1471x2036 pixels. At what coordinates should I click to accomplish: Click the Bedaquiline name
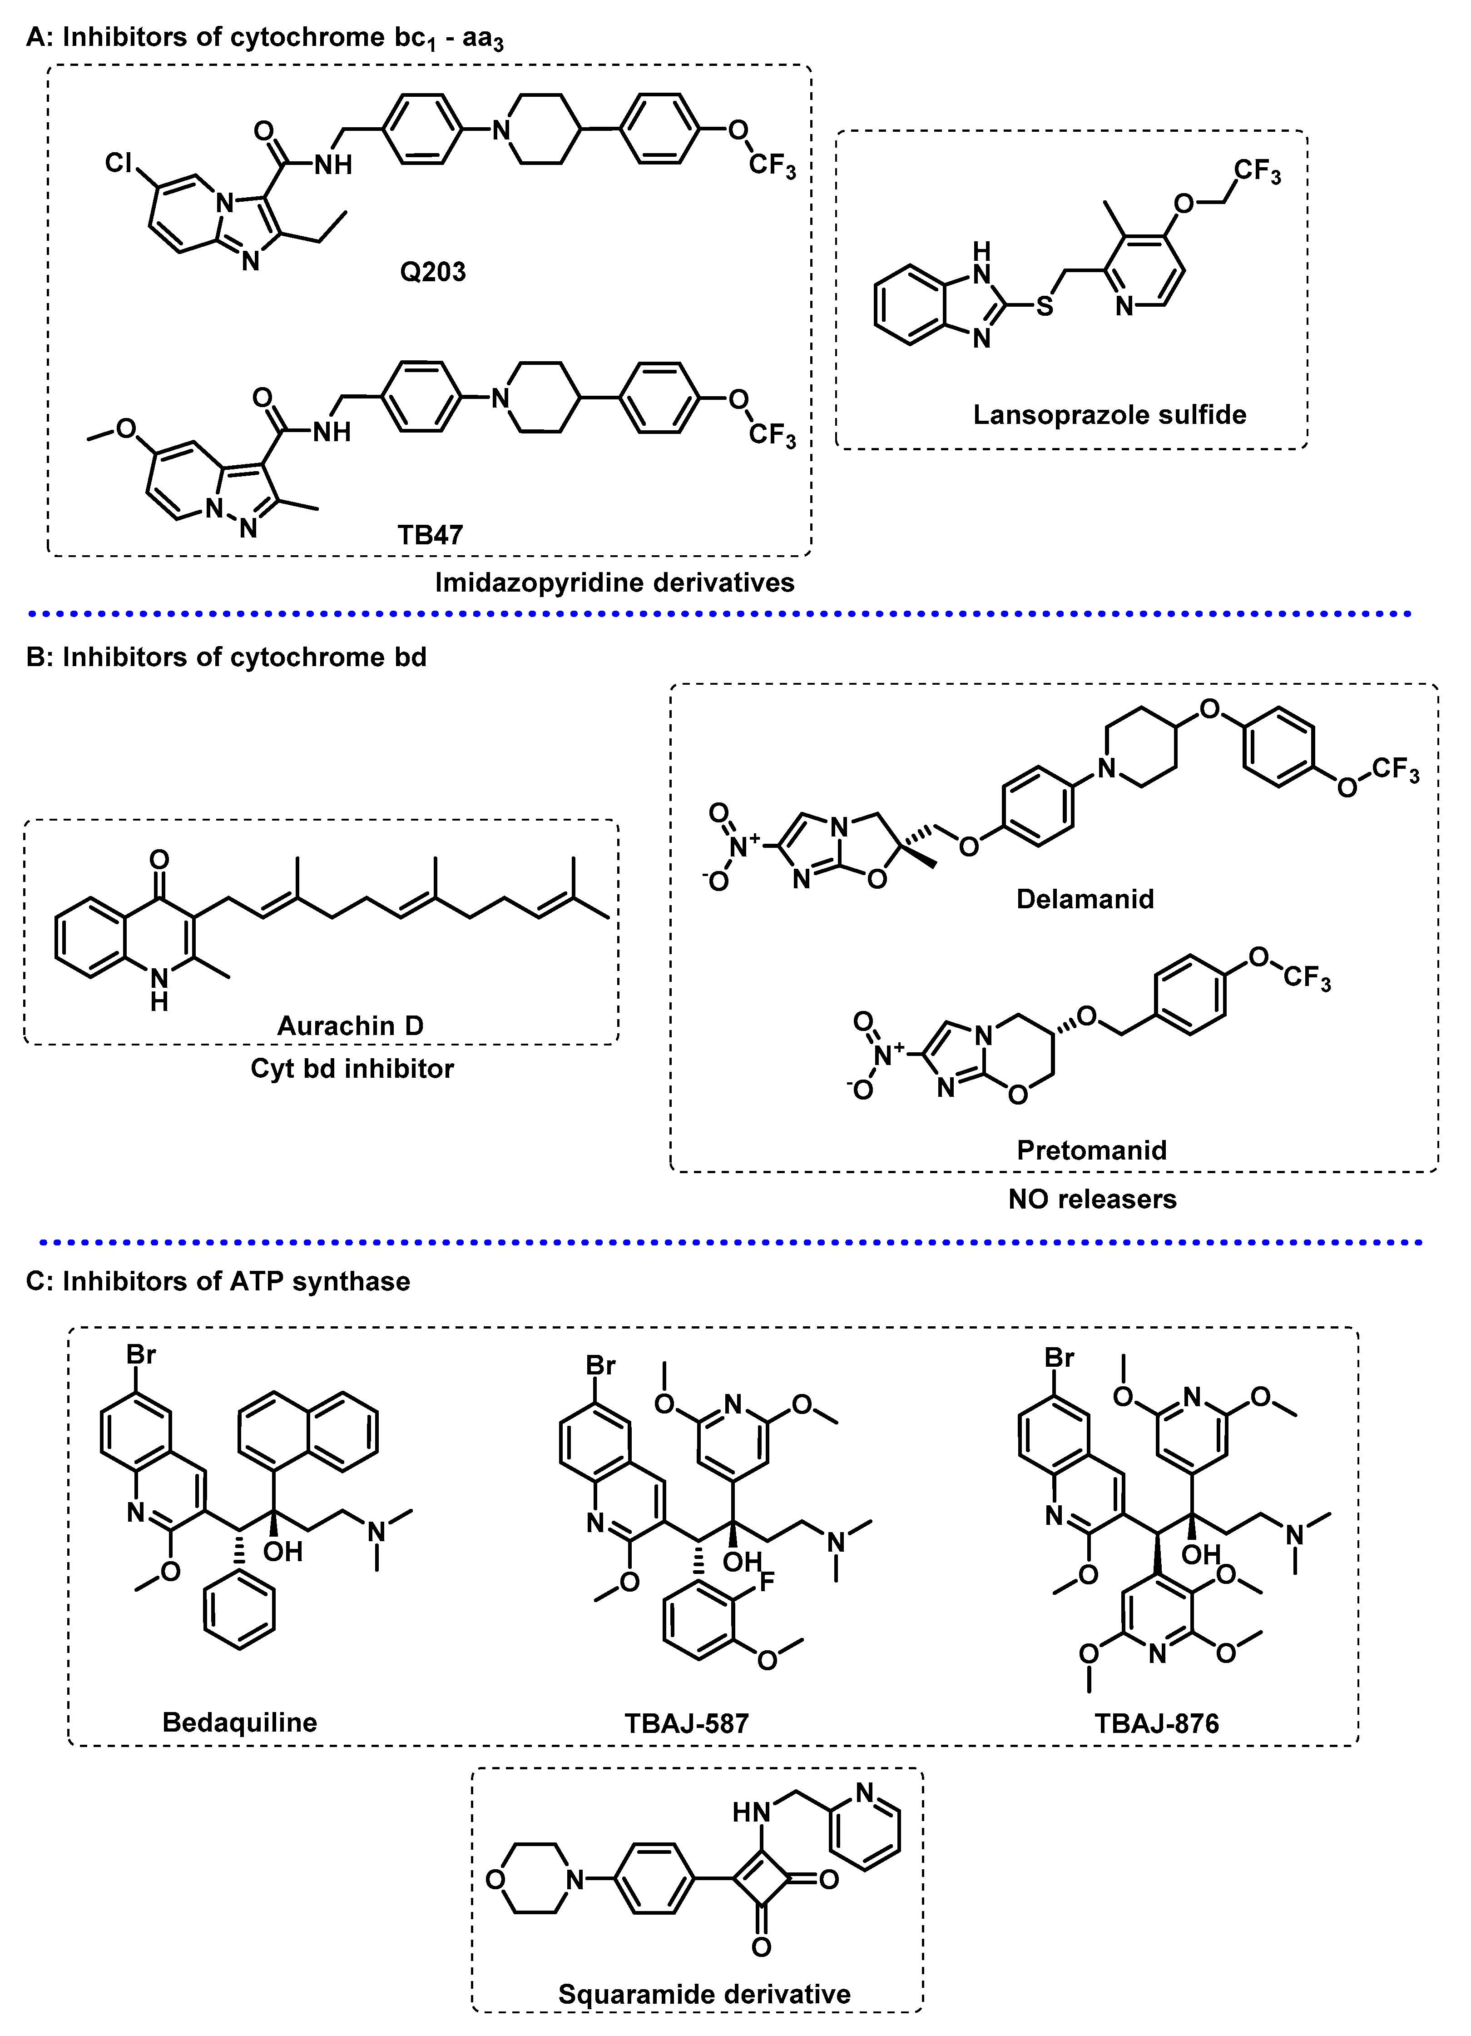[240, 1722]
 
